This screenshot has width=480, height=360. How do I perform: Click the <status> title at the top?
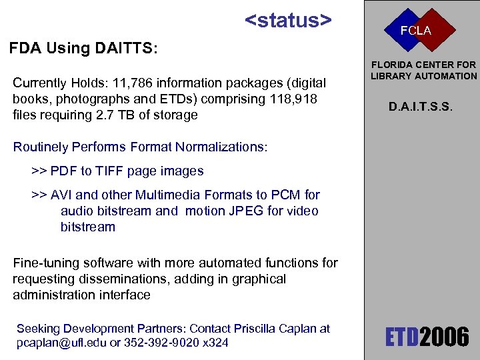[x=288, y=20]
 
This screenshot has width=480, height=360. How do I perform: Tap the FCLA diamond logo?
[x=415, y=30]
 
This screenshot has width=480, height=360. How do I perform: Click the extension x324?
[x=215, y=343]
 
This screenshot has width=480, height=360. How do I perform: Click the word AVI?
[x=62, y=195]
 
